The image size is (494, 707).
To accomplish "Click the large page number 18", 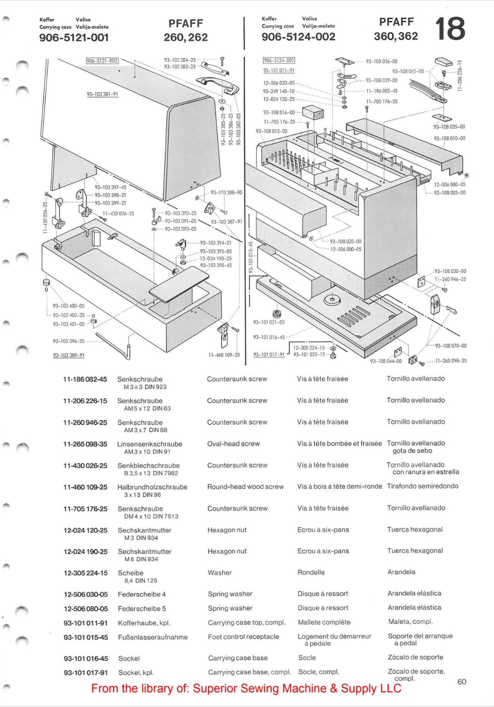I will coord(450,29).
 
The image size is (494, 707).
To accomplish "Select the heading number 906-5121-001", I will coord(74,38).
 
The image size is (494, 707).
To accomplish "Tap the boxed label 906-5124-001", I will coord(279,61).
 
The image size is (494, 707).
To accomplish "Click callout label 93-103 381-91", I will coord(102,94).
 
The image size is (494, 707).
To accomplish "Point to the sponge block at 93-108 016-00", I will coord(313,113).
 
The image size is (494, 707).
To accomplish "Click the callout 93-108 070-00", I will coord(451,346).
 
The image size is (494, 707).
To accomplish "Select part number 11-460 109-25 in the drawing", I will coord(224,355).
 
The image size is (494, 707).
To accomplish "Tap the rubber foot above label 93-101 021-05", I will coord(277,314).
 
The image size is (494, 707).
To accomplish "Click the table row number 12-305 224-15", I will coord(85,573).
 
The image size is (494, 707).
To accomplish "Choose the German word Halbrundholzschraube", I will coord(152,487).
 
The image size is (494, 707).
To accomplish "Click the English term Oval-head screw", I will coord(233,444).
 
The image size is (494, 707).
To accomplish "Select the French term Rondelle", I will coord(311,573).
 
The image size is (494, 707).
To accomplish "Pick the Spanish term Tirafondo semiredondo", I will coord(422,486).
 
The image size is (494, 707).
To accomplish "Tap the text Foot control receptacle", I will coord(243,637).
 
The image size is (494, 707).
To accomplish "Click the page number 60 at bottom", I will coord(461,682).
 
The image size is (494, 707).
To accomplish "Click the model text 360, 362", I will coord(396,36).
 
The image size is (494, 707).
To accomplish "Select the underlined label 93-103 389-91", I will coord(68,355).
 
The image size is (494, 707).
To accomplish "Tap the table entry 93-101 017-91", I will coord(85,673).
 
